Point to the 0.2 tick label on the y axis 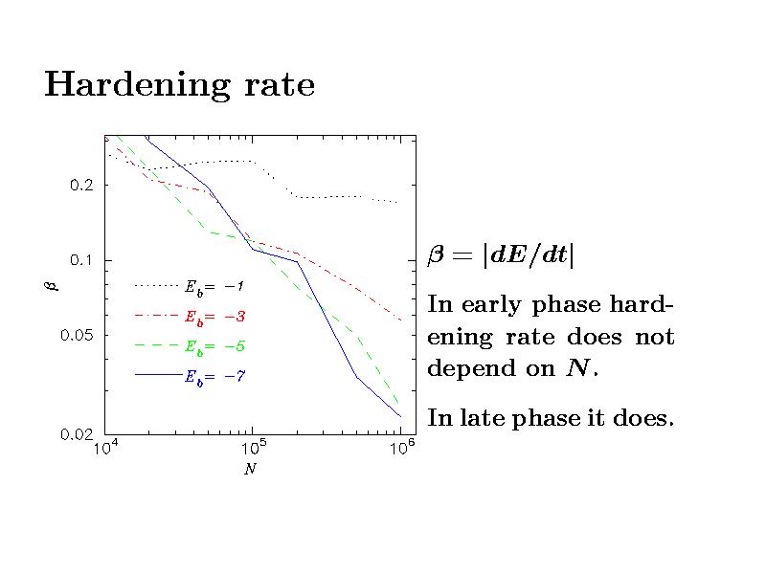coord(81,186)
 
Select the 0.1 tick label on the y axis coord(81,260)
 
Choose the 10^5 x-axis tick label coord(251,450)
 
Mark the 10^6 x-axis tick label coord(400,450)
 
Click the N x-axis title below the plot coord(249,470)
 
